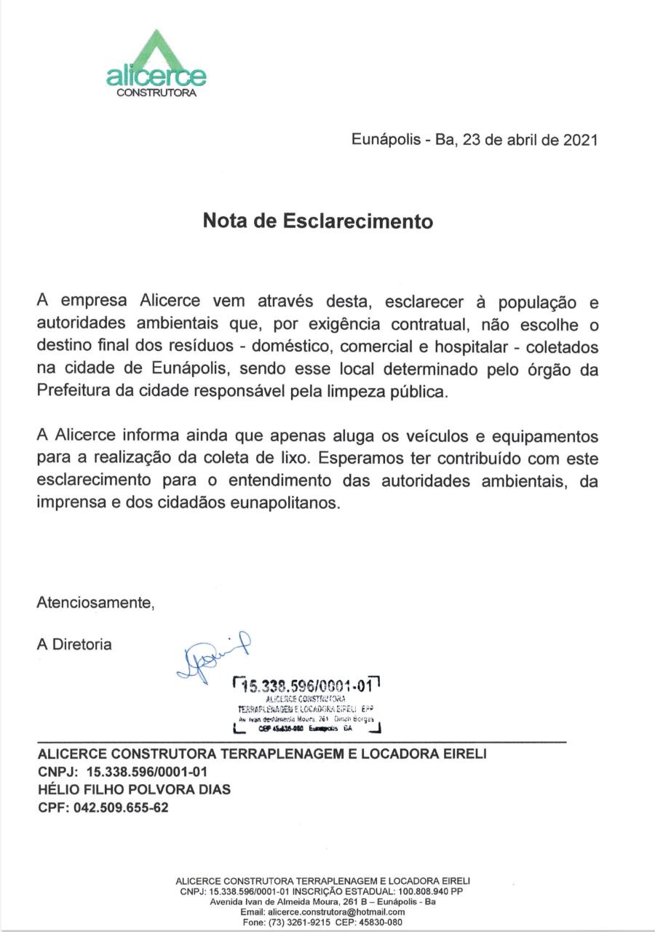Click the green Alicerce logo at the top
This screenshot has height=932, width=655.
point(156,62)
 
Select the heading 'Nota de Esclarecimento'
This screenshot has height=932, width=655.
point(317,221)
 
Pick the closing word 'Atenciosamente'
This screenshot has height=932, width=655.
point(96,603)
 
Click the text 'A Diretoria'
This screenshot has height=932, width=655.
point(74,644)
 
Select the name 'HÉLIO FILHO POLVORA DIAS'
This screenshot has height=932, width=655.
point(133,789)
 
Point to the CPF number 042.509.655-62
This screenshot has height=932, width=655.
point(121,807)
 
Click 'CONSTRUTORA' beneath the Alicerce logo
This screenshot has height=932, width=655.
point(156,92)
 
